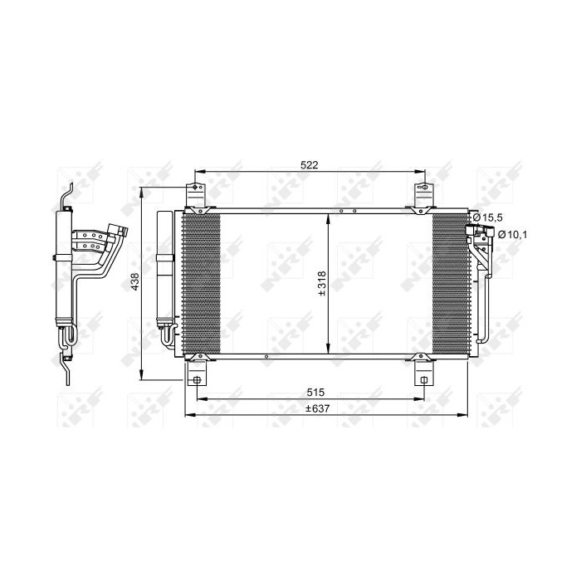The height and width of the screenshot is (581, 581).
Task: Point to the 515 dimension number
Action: coord(313,392)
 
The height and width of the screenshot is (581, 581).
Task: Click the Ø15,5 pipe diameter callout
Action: coord(488,217)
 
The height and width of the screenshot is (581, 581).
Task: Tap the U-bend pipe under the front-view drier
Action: coord(168,335)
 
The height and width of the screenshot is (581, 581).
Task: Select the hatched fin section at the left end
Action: coord(201,282)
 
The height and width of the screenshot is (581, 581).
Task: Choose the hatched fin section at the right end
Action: coord(450,282)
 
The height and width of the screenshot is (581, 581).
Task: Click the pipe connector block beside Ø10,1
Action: coord(479,242)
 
